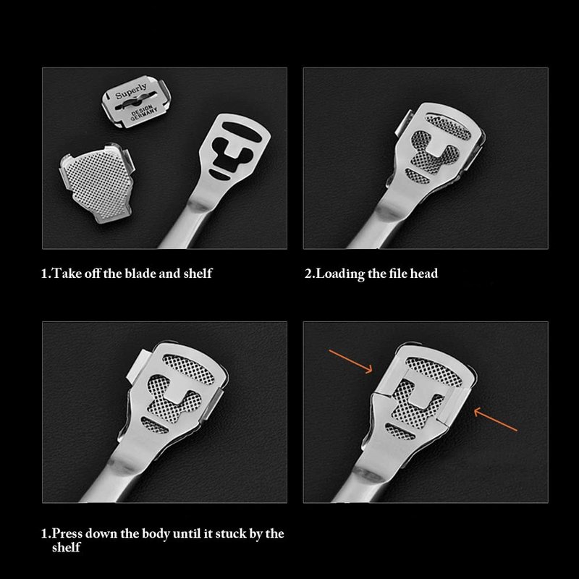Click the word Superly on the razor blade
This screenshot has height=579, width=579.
131,91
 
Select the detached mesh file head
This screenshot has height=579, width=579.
97,183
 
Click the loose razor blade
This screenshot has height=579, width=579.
136,101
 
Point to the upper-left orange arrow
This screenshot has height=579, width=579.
351,361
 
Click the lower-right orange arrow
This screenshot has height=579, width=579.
495,419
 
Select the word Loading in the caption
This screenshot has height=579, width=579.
340,274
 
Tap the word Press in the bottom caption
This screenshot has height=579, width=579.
67,533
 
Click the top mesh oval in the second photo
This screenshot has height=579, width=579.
448,126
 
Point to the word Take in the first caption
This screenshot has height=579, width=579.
67,274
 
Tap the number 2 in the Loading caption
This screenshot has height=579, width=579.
309,274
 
